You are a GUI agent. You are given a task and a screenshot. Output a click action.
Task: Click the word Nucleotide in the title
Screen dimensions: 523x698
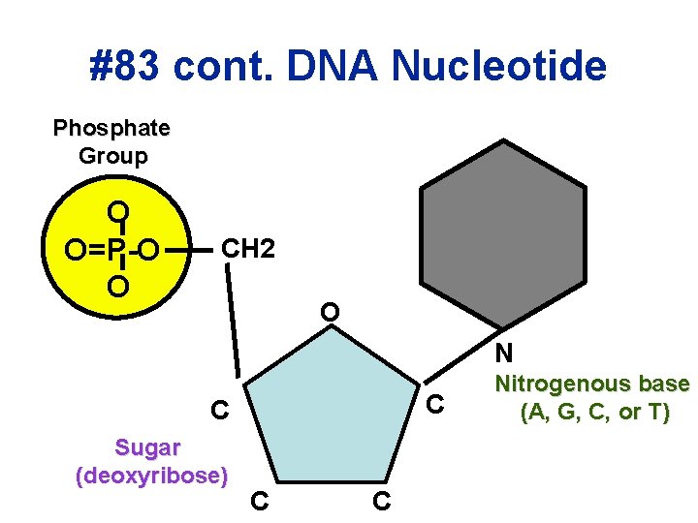499,67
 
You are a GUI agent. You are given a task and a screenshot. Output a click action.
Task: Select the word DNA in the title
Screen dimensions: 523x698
340,67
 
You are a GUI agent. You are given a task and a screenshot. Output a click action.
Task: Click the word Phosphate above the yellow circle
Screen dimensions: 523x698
112,128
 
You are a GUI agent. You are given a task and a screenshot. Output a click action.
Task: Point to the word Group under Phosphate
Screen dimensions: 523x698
112,155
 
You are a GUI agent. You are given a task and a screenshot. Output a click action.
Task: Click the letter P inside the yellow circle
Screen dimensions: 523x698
116,251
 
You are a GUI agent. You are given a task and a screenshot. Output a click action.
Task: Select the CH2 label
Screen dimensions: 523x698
248,249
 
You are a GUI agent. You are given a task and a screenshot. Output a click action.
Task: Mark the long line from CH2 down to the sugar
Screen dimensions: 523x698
235,324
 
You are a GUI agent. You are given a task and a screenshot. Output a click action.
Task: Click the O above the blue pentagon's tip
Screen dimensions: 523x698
331,313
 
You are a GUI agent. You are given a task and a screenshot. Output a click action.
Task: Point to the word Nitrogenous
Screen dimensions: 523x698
591,384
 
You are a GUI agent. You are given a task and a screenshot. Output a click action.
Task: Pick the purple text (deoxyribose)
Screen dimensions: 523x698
151,476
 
